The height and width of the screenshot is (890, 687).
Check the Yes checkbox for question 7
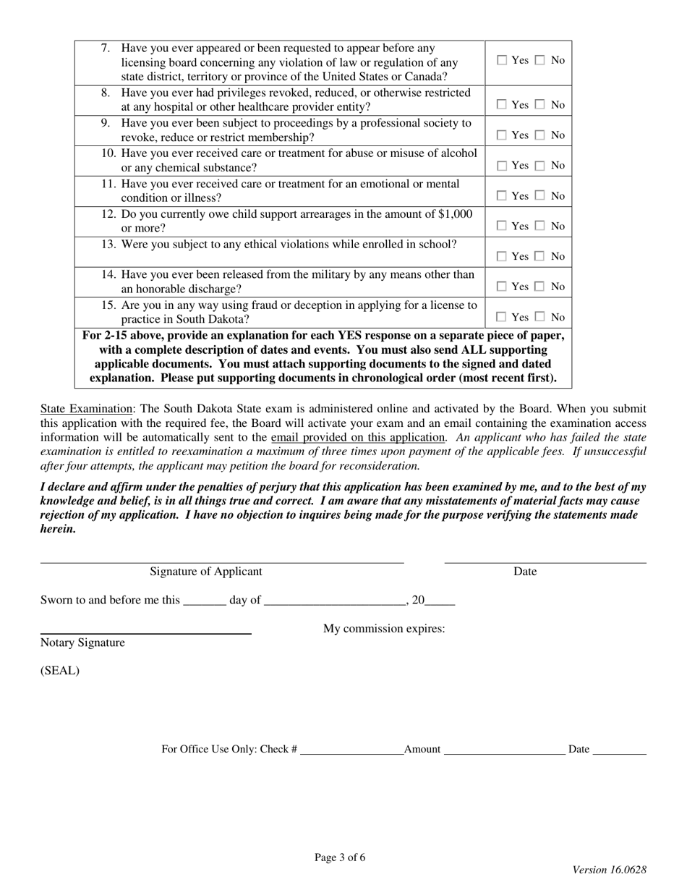click(503, 61)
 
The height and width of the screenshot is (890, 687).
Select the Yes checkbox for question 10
click(503, 166)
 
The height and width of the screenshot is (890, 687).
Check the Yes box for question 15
click(503, 318)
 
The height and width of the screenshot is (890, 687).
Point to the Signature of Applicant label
click(206, 572)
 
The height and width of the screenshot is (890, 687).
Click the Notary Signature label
click(82, 643)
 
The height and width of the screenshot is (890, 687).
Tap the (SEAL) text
click(60, 670)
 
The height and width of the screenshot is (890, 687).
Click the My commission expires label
click(383, 629)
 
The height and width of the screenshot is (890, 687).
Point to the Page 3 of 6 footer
click(340, 858)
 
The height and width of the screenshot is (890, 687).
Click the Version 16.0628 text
click(609, 870)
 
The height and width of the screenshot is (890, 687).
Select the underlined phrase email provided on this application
click(358, 437)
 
